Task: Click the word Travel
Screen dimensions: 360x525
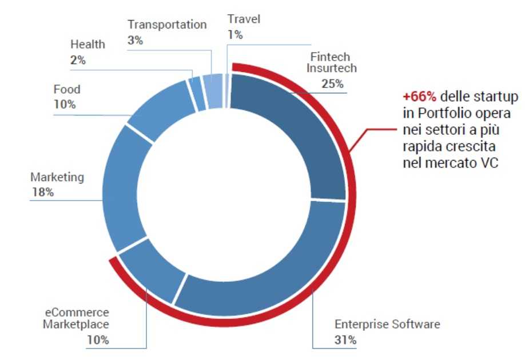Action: [243, 19]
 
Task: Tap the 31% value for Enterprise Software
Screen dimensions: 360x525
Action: [345, 341]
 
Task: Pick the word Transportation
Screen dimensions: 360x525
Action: [167, 25]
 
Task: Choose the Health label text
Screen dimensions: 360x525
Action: [87, 44]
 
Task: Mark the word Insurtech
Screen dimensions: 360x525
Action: [331, 69]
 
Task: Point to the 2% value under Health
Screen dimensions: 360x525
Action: [78, 59]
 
